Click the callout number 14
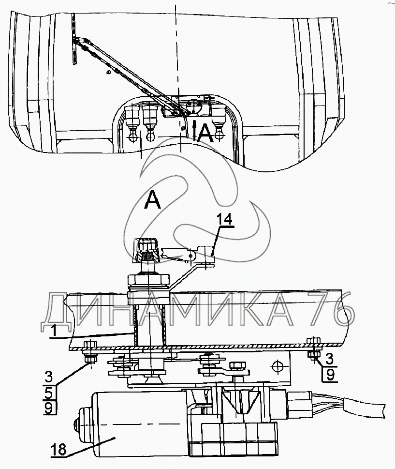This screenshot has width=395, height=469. (x=224, y=220)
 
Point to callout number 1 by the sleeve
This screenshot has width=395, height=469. (x=54, y=331)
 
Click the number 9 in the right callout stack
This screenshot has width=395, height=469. (x=330, y=374)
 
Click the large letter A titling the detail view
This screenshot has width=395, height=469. (x=153, y=200)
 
